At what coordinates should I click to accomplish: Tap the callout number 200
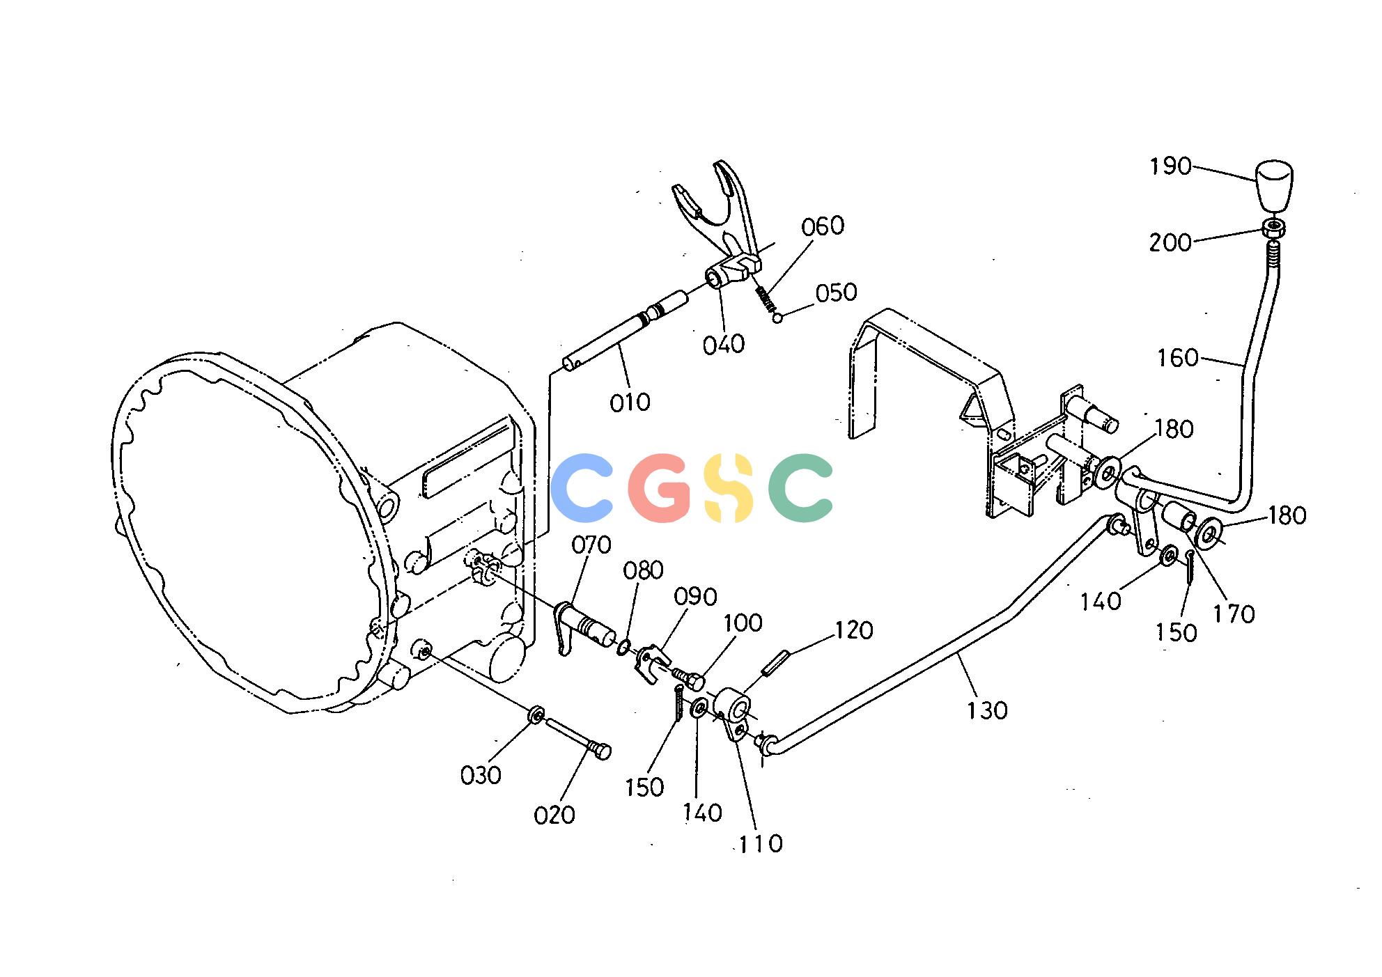[x=1170, y=242]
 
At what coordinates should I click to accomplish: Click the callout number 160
[x=1178, y=358]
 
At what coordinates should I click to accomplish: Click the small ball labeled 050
[x=778, y=319]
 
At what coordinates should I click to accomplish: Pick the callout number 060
[x=823, y=226]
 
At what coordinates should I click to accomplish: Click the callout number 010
[x=630, y=402]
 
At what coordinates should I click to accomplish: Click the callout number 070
[x=591, y=545]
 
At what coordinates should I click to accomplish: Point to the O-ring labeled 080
[x=623, y=648]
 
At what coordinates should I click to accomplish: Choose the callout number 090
[x=696, y=597]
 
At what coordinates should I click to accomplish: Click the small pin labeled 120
[x=775, y=662]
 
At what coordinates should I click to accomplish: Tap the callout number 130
[x=987, y=711]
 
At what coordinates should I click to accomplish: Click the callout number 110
[x=761, y=844]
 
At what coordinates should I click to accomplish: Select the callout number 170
[x=1234, y=614]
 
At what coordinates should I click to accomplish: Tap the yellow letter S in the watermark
[x=729, y=487]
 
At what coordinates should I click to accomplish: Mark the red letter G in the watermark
[x=659, y=487]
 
